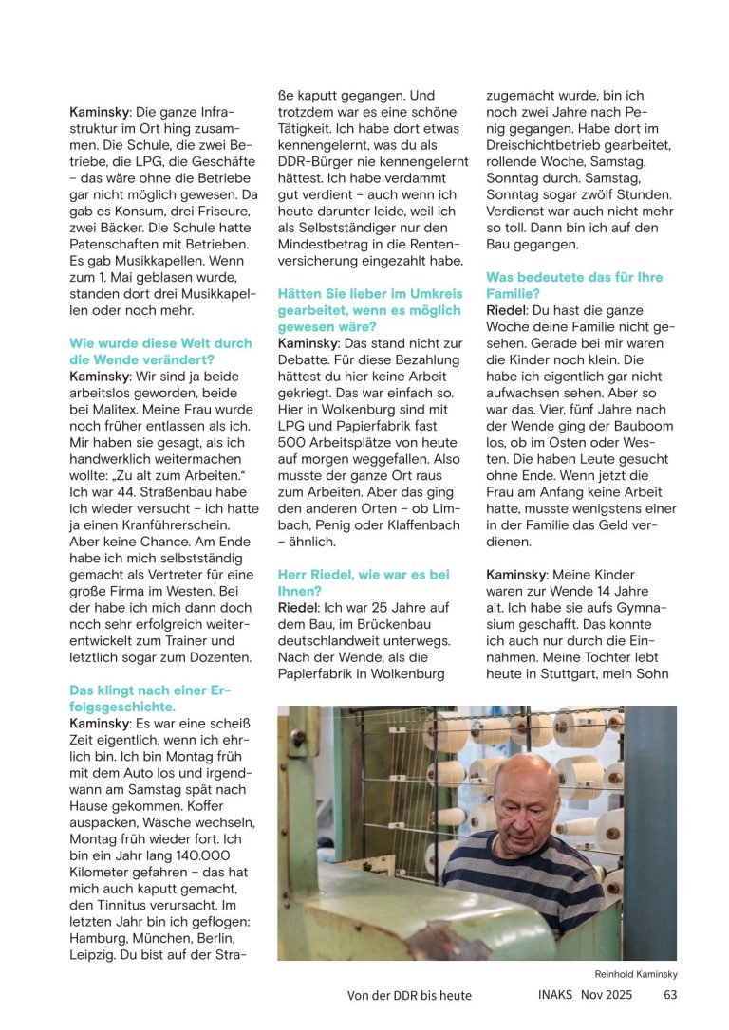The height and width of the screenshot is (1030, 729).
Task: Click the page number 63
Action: point(669,995)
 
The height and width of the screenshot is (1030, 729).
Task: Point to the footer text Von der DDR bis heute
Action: point(409,995)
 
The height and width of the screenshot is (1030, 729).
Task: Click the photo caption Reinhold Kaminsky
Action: point(636,974)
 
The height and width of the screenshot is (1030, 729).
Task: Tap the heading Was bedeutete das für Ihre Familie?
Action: point(574,285)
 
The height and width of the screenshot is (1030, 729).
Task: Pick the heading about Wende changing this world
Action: point(160,351)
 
